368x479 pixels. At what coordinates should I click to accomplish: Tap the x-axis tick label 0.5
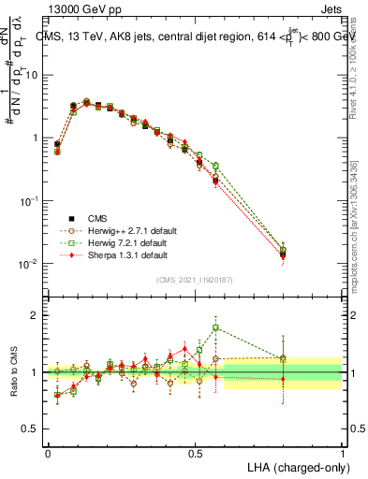195,452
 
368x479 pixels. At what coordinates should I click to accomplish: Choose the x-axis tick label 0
48,452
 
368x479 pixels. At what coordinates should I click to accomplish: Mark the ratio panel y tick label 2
36,315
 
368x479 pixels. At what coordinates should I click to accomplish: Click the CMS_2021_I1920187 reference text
195,280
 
